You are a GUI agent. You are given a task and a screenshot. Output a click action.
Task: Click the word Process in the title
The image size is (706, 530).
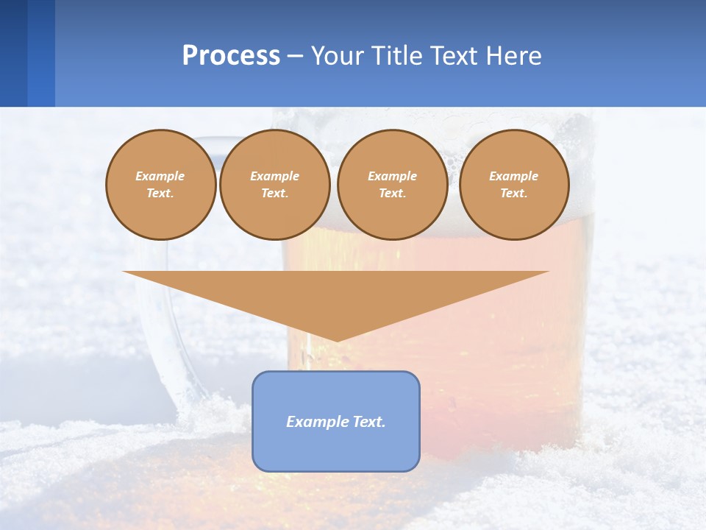tap(231, 56)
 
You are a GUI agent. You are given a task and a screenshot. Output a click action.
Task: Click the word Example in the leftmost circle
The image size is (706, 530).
tap(160, 176)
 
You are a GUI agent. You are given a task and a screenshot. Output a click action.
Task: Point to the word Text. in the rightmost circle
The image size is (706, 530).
tap(513, 193)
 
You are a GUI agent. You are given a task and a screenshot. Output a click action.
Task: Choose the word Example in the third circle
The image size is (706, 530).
tap(392, 176)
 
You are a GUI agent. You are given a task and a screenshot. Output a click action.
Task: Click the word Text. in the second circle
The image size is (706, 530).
tap(274, 193)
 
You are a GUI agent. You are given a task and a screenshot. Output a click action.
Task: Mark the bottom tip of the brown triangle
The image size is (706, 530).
tap(336, 340)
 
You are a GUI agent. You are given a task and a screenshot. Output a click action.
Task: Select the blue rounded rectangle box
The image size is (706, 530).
tap(336, 449)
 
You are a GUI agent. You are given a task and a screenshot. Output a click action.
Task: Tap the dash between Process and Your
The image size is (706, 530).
tap(294, 56)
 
